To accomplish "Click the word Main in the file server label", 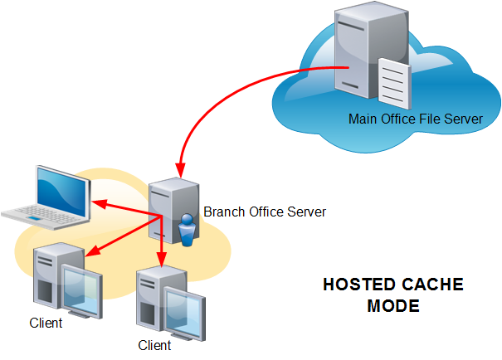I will (x=362, y=119).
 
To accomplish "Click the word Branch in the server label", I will (x=222, y=212).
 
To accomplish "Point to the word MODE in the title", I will (x=392, y=306).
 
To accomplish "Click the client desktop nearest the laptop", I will (x=63, y=281).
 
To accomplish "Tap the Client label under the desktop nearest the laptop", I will (x=46, y=323).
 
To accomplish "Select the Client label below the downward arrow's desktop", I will (x=154, y=345).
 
